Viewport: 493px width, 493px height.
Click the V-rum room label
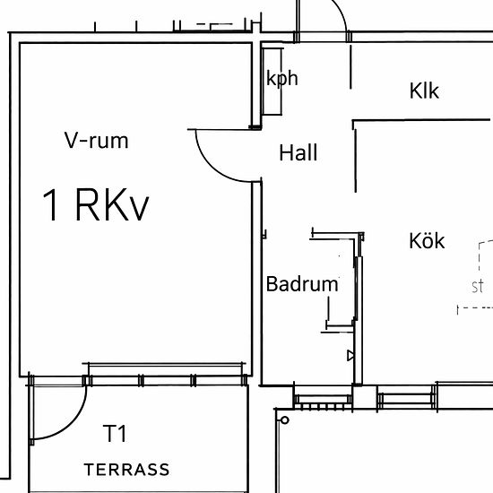coord(97,140)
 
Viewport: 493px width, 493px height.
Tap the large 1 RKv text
coord(96,205)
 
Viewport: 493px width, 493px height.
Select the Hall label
coord(298,152)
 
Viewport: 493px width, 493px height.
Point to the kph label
coord(282,78)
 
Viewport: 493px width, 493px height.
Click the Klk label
coord(424,91)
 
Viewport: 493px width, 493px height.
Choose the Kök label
coord(427,240)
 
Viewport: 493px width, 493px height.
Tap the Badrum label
coord(302,284)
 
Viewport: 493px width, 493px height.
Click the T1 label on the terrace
coord(115,433)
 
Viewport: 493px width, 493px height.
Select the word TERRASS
coord(126,470)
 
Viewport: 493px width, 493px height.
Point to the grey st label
coord(477,287)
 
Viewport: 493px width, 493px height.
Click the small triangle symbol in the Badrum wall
coord(350,356)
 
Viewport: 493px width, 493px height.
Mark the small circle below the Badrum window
coord(284,420)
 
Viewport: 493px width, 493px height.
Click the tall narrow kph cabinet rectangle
coord(272,82)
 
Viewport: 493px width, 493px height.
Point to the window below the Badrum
coord(323,399)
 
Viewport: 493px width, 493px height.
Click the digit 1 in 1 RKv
coord(51,205)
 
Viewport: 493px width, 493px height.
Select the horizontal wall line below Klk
coord(421,120)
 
